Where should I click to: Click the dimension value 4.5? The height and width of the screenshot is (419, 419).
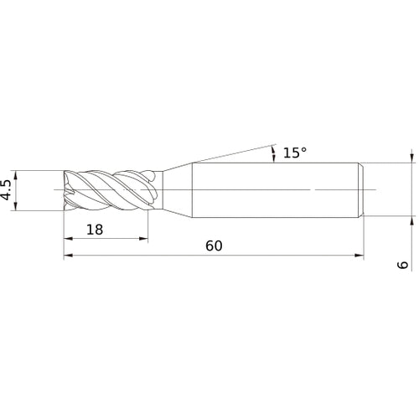pyautogui.click(x=8, y=190)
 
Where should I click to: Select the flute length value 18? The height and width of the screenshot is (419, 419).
pyautogui.click(x=95, y=229)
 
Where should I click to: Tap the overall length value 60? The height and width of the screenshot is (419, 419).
pyautogui.click(x=214, y=246)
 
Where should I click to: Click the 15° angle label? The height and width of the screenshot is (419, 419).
pyautogui.click(x=294, y=153)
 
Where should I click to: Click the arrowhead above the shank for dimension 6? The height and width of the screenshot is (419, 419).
pyautogui.click(x=411, y=158)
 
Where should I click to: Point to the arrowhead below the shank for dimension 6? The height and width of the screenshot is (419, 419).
pyautogui.click(x=411, y=224)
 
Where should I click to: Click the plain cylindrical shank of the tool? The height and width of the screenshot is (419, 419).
pyautogui.click(x=277, y=190)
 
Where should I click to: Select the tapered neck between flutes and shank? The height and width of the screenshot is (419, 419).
pyautogui.click(x=174, y=190)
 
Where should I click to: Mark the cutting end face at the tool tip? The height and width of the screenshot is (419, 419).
pyautogui.click(x=66, y=190)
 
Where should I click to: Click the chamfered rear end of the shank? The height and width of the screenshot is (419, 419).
pyautogui.click(x=363, y=190)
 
